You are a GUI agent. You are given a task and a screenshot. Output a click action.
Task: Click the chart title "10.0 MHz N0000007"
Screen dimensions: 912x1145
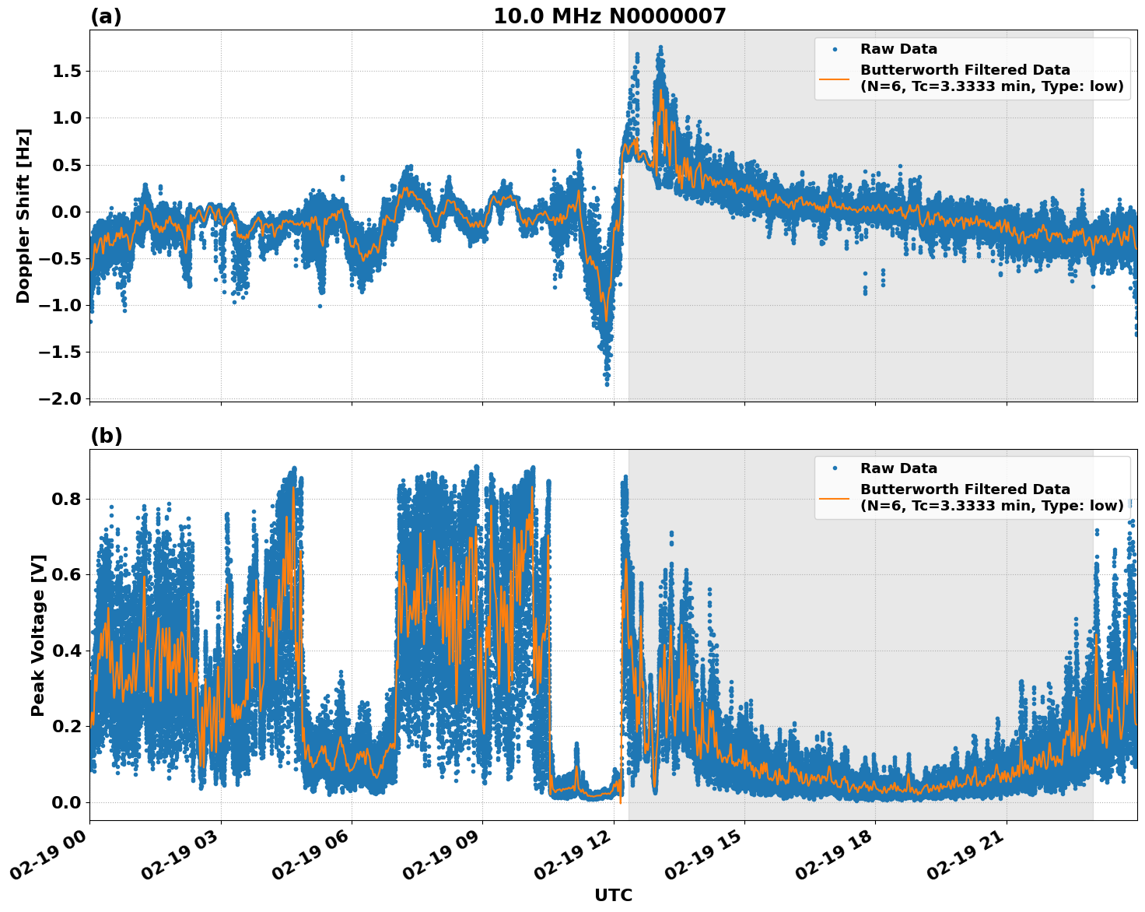609,16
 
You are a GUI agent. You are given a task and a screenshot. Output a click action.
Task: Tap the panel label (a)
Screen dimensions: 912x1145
106,16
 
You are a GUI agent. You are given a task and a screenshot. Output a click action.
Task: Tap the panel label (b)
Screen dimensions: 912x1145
106,436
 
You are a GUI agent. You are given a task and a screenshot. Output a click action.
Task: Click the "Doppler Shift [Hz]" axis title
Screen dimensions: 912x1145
23,216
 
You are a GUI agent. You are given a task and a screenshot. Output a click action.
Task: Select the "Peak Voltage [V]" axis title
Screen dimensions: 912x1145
38,635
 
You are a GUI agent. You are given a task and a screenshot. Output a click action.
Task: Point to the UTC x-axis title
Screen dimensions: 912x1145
613,895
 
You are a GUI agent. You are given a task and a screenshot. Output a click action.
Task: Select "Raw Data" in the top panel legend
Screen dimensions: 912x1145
898,49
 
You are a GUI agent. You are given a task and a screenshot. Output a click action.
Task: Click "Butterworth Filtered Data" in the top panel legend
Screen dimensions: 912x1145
965,70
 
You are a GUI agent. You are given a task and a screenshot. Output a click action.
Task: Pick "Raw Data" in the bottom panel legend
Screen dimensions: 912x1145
898,468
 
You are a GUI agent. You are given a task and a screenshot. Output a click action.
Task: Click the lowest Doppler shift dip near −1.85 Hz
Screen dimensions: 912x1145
607,384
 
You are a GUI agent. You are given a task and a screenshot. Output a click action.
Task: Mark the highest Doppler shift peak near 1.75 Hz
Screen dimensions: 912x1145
660,48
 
